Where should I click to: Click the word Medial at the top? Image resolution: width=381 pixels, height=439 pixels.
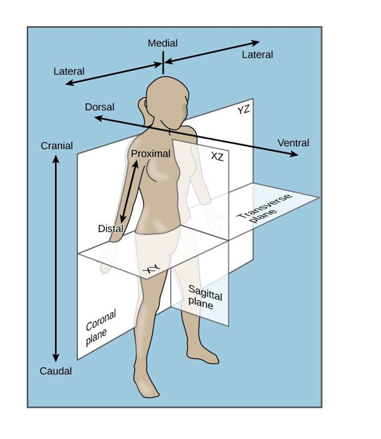point(163,43)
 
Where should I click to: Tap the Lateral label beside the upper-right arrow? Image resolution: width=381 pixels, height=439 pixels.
point(258,54)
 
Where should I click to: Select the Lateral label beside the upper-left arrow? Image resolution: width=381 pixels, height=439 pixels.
point(69,71)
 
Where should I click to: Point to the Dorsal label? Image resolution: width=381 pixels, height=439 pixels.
point(99,107)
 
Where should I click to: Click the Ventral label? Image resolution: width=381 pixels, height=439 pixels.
point(293,143)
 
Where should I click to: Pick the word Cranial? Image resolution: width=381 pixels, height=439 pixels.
point(56,145)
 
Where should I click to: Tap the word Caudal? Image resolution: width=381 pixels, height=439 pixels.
point(56,371)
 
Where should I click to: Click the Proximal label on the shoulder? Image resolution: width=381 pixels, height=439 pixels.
point(151,154)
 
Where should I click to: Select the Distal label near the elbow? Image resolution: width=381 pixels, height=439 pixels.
point(110,229)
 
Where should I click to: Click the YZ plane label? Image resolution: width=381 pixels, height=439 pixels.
point(243,110)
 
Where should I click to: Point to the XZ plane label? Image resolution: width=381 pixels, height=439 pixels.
point(217,157)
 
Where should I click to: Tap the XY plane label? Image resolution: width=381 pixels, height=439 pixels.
point(151,269)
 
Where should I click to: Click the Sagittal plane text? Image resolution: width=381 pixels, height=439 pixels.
point(205,297)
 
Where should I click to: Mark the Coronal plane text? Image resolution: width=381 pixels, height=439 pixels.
point(100,328)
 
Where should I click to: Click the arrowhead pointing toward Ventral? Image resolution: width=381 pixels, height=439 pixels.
point(294,154)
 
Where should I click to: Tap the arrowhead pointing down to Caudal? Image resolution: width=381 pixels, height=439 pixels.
point(56,357)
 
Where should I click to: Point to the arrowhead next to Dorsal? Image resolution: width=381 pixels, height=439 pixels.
point(99,118)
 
